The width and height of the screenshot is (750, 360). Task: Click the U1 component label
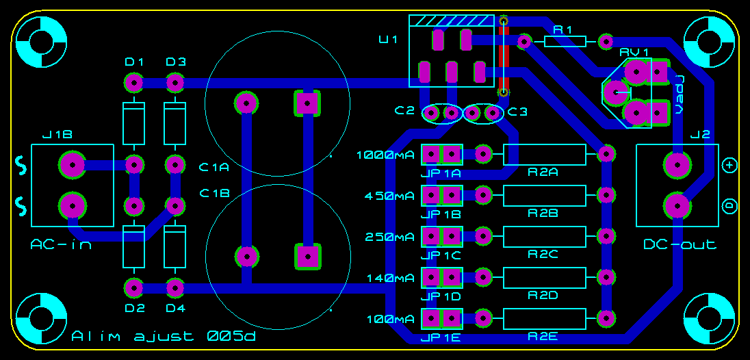(x=388, y=40)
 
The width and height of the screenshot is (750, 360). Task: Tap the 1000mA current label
(x=385, y=155)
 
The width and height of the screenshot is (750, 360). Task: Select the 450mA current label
(x=389, y=196)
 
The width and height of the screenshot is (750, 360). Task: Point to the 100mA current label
(x=391, y=319)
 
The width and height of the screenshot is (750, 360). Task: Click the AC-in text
(x=61, y=245)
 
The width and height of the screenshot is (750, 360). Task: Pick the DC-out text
(x=680, y=245)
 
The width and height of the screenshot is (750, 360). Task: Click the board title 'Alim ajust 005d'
(x=164, y=337)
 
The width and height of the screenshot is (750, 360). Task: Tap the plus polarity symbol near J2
(x=729, y=166)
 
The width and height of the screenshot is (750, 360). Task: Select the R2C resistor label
(x=543, y=255)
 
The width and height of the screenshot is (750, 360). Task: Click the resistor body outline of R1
(x=565, y=42)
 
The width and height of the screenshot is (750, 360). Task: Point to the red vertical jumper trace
(x=503, y=56)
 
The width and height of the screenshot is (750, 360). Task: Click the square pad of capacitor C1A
(x=306, y=103)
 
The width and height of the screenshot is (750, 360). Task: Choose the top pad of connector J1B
(x=73, y=165)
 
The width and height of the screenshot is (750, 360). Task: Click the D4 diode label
(x=175, y=309)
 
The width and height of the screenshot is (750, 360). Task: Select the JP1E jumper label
(x=441, y=339)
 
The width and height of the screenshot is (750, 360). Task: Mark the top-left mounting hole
(x=41, y=42)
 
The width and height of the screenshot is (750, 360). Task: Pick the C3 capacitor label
(x=517, y=112)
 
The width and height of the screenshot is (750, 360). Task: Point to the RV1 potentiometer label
(x=635, y=52)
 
